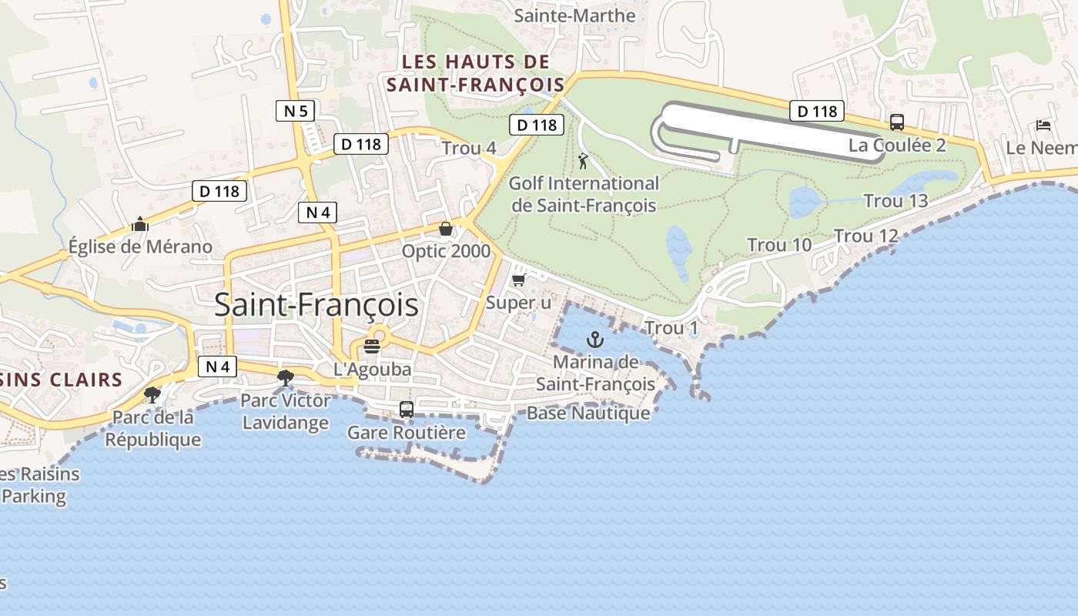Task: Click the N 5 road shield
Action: click(296, 111)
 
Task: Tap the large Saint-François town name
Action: click(316, 305)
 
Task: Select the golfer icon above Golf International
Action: click(583, 162)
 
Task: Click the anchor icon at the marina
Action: click(595, 339)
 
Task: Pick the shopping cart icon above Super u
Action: click(518, 280)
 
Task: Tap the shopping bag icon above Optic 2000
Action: click(445, 229)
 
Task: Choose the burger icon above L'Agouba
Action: click(372, 346)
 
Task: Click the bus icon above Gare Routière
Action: click(406, 410)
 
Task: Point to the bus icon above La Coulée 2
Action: click(896, 122)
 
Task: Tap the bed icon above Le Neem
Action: click(1043, 125)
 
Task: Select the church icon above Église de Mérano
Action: click(139, 224)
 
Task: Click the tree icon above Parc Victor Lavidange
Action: click(285, 377)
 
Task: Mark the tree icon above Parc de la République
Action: click(152, 395)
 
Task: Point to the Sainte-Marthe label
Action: click(574, 15)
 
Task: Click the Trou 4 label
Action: click(469, 149)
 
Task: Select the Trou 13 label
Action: click(896, 201)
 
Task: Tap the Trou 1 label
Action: click(671, 329)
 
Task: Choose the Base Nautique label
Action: click(588, 413)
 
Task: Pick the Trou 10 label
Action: click(779, 246)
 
